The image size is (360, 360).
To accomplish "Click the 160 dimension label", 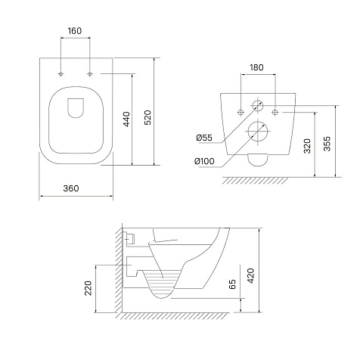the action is (75, 31).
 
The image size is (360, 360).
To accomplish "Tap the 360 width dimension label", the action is (71, 188).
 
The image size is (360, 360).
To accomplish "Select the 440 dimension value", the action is (126, 119).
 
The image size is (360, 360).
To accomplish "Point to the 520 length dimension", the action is (147, 117).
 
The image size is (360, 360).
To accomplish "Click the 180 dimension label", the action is (256, 67).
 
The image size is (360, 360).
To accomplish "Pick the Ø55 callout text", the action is (204, 138).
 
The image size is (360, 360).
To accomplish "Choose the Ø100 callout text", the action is (204, 161).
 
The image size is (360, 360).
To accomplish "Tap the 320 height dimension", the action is (307, 146).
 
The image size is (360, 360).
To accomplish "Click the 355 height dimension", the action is (327, 144).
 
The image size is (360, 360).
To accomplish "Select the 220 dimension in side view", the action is (88, 288).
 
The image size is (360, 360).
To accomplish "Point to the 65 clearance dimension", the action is (233, 284).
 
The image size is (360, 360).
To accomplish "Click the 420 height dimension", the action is (250, 276).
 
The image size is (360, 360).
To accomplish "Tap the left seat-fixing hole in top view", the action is (61, 74).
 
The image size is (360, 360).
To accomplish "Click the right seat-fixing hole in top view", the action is (90, 74).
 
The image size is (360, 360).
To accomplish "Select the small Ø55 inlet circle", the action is (257, 106).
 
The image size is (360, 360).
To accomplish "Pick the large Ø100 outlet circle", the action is (257, 131).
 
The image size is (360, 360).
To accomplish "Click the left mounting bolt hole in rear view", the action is (241, 113).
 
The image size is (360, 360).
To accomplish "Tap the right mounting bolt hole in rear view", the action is (275, 113).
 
